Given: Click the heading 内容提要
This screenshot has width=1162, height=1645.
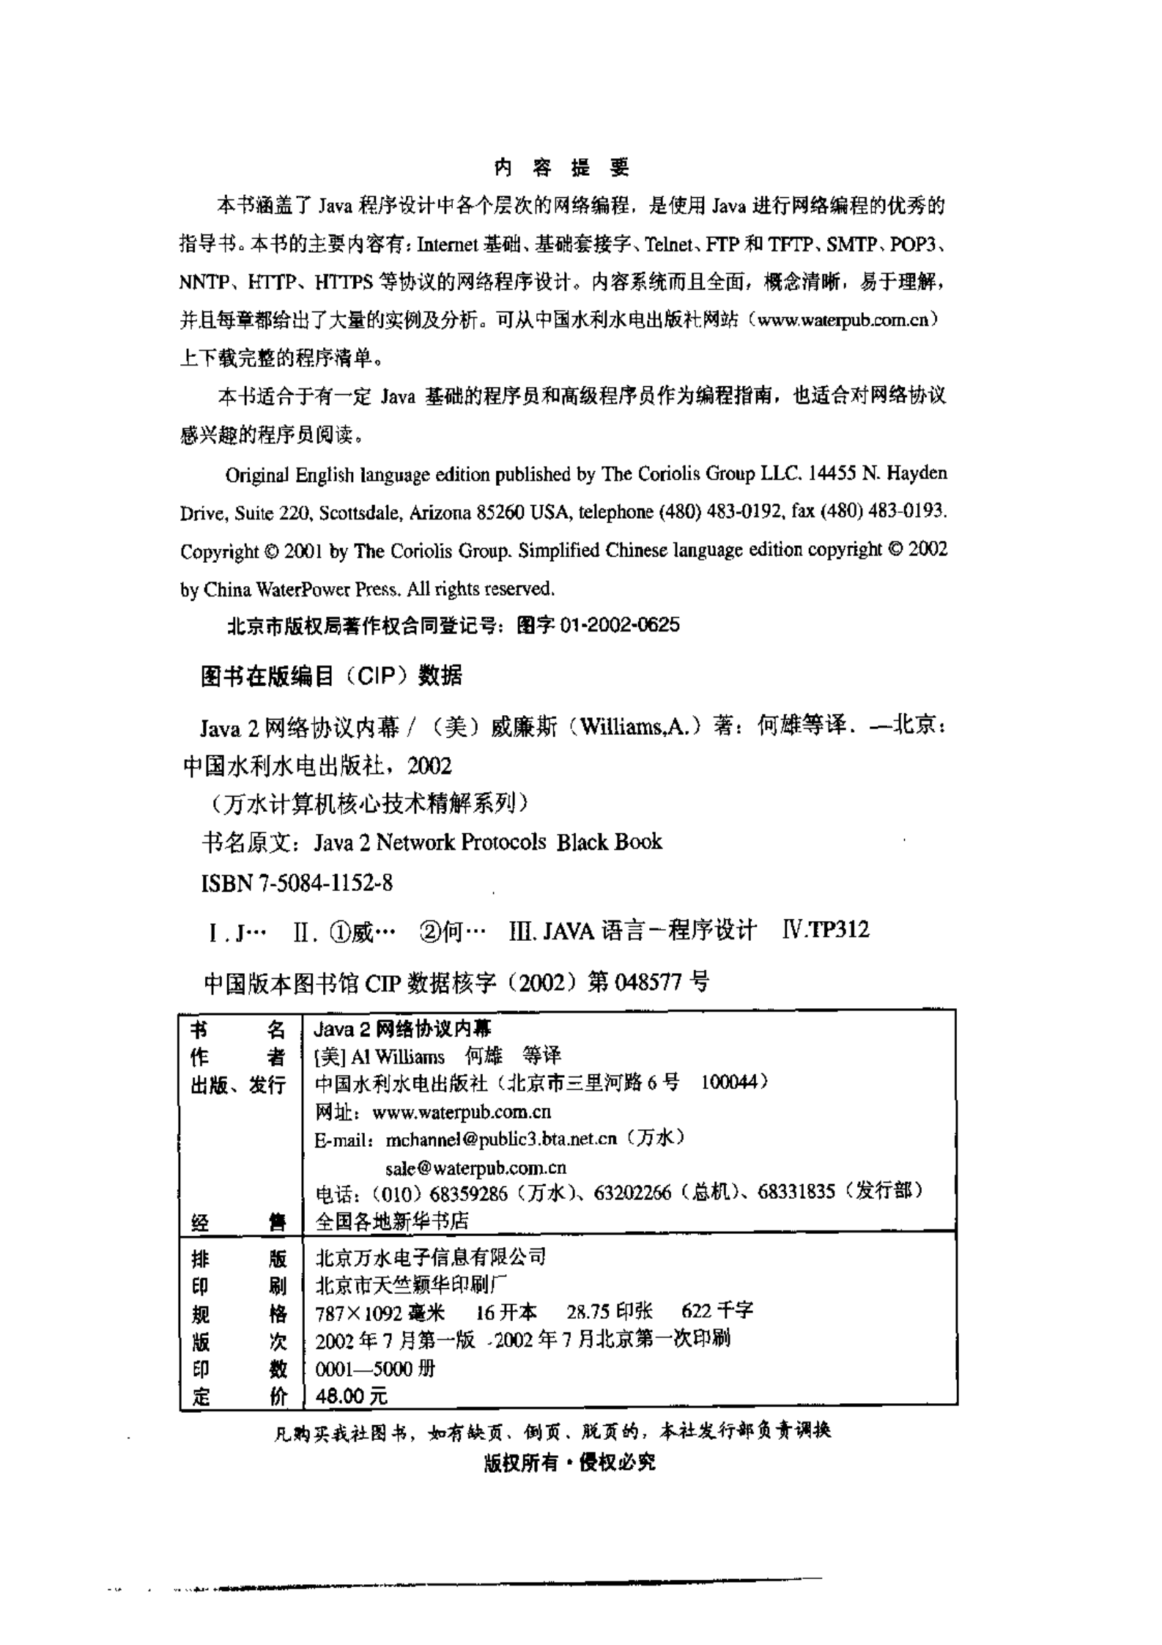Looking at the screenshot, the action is [562, 168].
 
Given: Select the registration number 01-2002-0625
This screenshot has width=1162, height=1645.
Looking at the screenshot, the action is [619, 625].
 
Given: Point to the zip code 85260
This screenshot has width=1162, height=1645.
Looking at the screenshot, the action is [500, 513].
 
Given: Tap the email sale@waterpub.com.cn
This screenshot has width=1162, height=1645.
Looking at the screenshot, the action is [475, 1167].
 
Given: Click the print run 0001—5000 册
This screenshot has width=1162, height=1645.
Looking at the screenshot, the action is [374, 1369].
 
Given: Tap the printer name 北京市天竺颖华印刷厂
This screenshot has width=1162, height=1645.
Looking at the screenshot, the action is [411, 1285].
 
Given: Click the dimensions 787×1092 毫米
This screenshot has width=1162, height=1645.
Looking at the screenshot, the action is [380, 1312].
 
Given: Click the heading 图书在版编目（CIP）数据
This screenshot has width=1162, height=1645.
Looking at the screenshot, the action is [331, 675].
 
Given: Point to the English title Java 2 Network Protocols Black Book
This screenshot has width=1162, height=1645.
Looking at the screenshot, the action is [488, 843].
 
